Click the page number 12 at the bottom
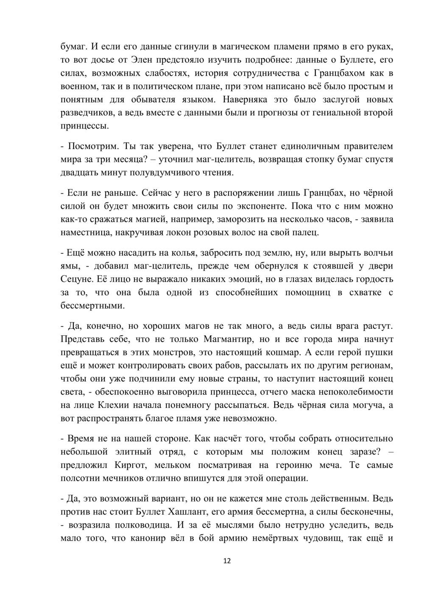226,561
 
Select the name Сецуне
75,279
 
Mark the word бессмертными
87,306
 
